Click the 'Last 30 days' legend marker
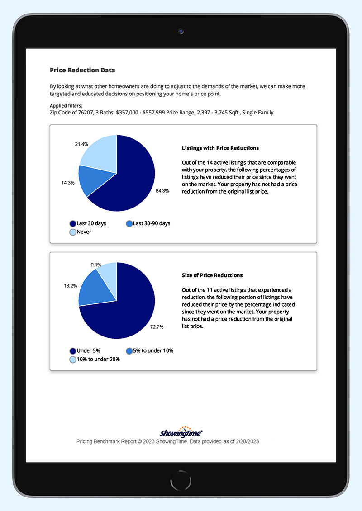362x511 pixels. coord(72,223)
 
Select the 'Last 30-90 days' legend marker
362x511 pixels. coord(129,223)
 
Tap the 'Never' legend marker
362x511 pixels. coord(72,232)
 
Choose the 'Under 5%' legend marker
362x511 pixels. coord(72,350)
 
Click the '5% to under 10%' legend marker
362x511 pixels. coord(129,350)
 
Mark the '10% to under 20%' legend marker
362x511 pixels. coord(72,360)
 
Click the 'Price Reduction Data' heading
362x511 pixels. coord(82,70)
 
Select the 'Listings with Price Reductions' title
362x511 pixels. coord(220,148)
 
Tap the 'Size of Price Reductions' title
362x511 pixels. coord(212,275)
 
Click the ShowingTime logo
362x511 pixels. coord(181,432)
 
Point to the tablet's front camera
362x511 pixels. coord(181,32)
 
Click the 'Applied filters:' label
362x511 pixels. coord(66,105)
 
